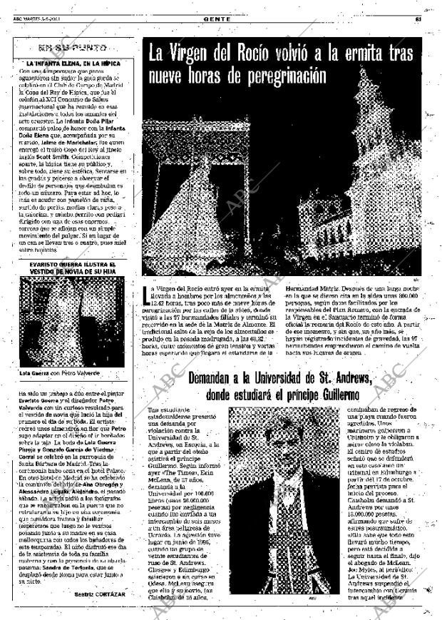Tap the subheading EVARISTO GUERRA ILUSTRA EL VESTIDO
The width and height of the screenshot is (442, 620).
pos(72,268)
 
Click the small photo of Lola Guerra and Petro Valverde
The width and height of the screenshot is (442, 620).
pos(71,321)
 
